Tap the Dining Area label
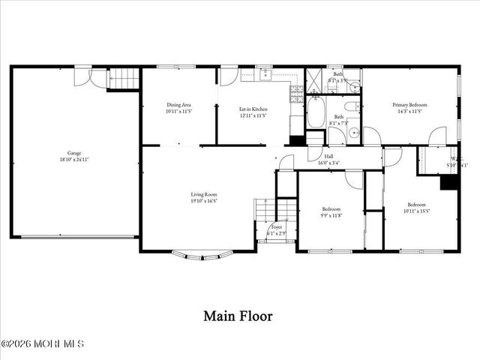179,105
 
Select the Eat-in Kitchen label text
253,109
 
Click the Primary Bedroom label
410,105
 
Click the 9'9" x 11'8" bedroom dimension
331,215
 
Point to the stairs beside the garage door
123,78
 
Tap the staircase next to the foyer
264,211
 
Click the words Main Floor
238,316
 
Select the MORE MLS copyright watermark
43,343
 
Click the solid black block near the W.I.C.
448,182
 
